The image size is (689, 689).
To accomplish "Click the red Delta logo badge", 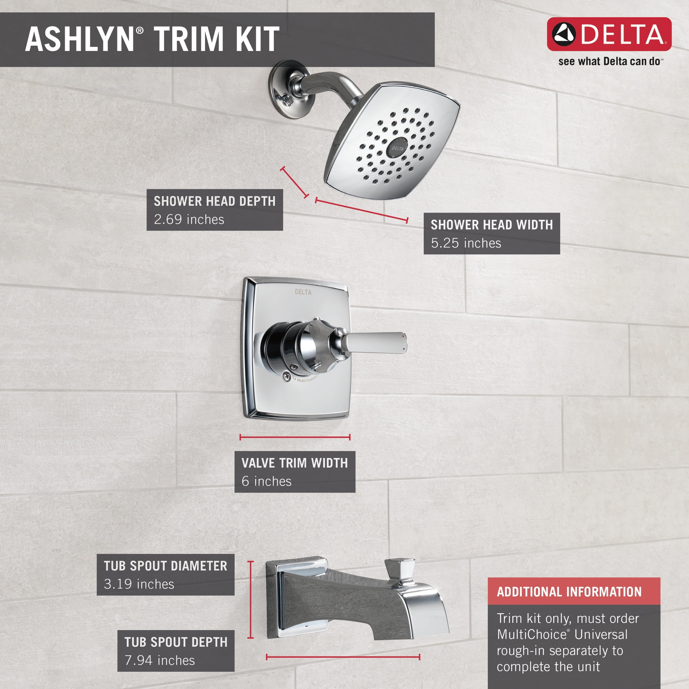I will coord(609,34).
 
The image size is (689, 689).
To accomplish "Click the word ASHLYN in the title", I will coord(79,39).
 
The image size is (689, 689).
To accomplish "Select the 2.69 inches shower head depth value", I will coord(189,219).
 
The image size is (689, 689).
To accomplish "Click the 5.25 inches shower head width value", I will coord(466,243).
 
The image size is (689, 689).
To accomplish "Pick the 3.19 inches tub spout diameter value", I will coord(139,584).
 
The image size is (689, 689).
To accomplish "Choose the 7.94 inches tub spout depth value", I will coord(160,660).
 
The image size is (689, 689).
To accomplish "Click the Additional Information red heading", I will coord(569,592).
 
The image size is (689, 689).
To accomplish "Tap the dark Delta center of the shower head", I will coord(397,148).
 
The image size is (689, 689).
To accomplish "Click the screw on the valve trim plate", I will coord(286,376).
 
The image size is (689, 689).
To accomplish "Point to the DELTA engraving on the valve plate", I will coord(303,292).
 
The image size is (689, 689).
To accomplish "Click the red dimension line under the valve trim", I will coord(295,437).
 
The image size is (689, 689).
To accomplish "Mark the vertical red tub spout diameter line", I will coord(251,599).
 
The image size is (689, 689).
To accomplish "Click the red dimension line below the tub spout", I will coord(343,657).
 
